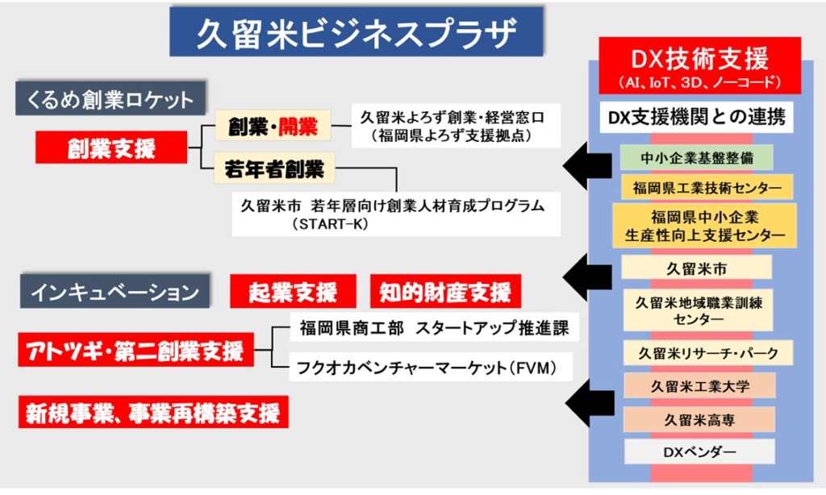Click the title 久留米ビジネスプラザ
pos(356,32)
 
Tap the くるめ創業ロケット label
pos(111,100)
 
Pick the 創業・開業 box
pos(272,126)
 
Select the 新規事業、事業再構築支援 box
pos(153,414)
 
